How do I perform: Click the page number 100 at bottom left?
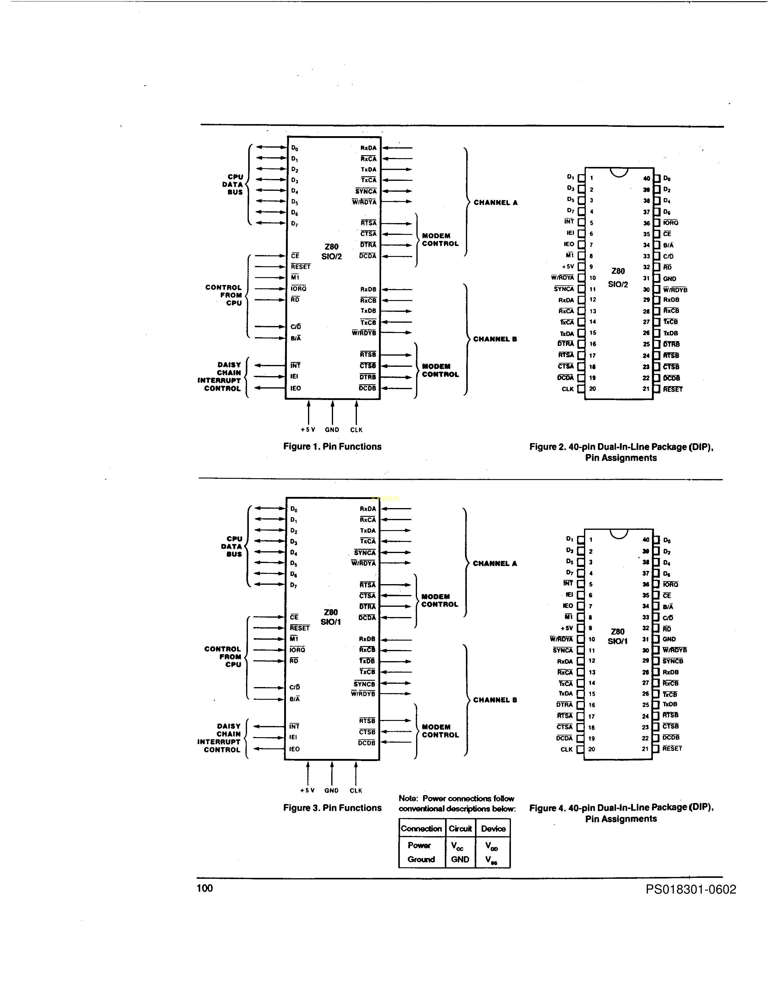pyautogui.click(x=204, y=888)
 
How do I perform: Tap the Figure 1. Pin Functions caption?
pyautogui.click(x=332, y=446)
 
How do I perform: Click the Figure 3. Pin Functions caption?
pyautogui.click(x=332, y=808)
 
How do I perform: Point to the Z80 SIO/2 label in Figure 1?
pyautogui.click(x=331, y=251)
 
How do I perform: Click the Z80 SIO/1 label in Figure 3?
pyautogui.click(x=331, y=617)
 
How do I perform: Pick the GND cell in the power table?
pyautogui.click(x=460, y=859)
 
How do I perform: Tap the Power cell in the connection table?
pyautogui.click(x=419, y=845)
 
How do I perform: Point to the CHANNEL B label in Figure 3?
pyautogui.click(x=495, y=700)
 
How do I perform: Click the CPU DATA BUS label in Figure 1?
pyautogui.click(x=233, y=184)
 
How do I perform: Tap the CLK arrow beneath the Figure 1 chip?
pyautogui.click(x=356, y=412)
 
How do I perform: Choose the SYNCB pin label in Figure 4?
pyautogui.click(x=672, y=661)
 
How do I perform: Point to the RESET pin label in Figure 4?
pyautogui.click(x=672, y=749)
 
